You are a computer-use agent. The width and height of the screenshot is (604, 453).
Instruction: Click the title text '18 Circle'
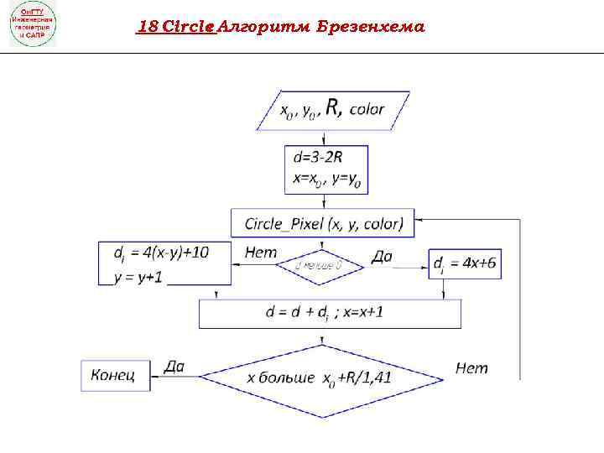point(175,26)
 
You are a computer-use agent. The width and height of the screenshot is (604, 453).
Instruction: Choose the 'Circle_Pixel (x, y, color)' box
point(323,224)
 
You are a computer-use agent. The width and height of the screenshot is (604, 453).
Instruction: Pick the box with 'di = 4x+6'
point(465,264)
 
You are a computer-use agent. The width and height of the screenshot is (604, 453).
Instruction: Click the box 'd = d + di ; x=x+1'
point(330,313)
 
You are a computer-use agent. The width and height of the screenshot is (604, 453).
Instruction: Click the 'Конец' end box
point(114,375)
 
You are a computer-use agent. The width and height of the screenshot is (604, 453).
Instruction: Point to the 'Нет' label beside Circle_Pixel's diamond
point(261,252)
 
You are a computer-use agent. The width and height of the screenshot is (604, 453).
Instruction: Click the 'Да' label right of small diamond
point(381,257)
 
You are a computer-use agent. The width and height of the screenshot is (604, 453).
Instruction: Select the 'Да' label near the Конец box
point(174,365)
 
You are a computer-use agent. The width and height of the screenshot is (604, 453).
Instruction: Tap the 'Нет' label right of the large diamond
point(472,367)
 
